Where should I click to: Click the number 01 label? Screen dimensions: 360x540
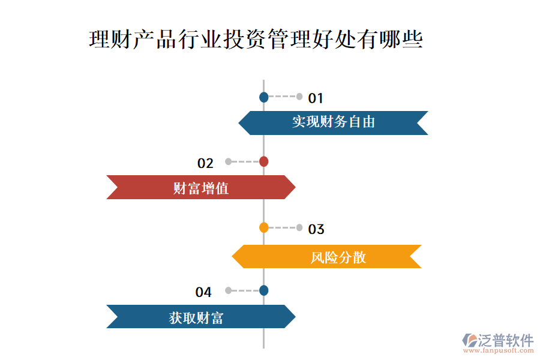[x=316, y=98]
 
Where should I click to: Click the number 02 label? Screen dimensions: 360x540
[x=205, y=163]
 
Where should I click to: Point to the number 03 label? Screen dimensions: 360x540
[x=316, y=229]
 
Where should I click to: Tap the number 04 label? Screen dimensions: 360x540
[x=203, y=292]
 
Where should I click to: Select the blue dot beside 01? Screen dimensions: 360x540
[x=263, y=97]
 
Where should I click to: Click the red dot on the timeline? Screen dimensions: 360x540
[x=263, y=161]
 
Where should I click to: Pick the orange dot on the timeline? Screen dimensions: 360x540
[x=263, y=227]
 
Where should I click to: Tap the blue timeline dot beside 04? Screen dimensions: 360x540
[x=263, y=290]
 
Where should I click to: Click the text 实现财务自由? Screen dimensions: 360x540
[x=334, y=122]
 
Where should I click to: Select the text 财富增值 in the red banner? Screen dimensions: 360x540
[x=201, y=188]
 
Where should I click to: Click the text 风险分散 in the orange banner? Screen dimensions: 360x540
[x=338, y=257]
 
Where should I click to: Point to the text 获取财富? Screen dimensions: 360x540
[x=196, y=317]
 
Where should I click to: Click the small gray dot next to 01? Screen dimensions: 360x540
[x=299, y=97]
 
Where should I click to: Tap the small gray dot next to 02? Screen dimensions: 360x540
[x=228, y=161]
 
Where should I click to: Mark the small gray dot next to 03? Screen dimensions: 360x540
[x=299, y=227]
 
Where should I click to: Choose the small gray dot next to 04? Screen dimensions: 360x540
[x=228, y=290]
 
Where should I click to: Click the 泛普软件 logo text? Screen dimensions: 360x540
[x=505, y=340]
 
